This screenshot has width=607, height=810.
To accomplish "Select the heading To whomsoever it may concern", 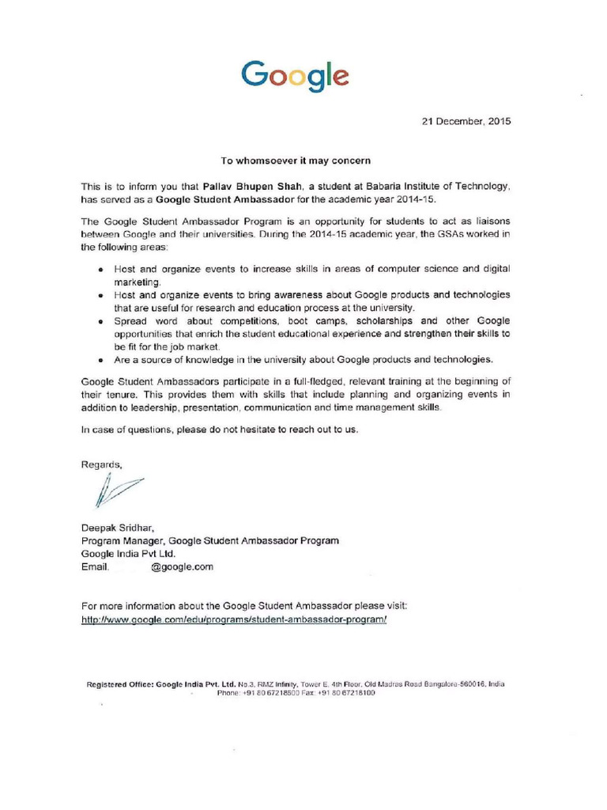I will pos(295,161).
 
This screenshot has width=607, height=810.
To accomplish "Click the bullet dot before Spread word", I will pos(103,322).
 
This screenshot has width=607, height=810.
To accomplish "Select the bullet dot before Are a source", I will pos(103,360).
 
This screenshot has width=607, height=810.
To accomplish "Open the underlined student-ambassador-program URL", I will pos(235,619).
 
